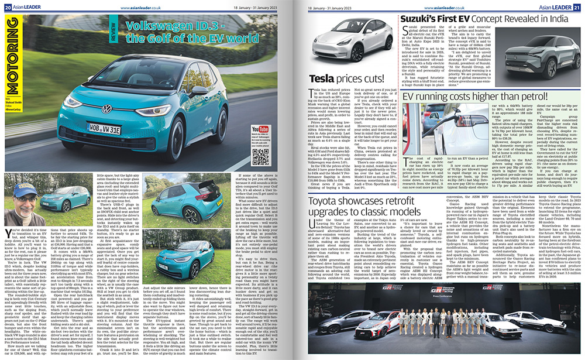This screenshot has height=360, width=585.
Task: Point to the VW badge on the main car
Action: click(x=107, y=92)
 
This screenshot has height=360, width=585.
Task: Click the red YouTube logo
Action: click(x=259, y=128)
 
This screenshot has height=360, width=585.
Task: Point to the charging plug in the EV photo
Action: click(x=444, y=130)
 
